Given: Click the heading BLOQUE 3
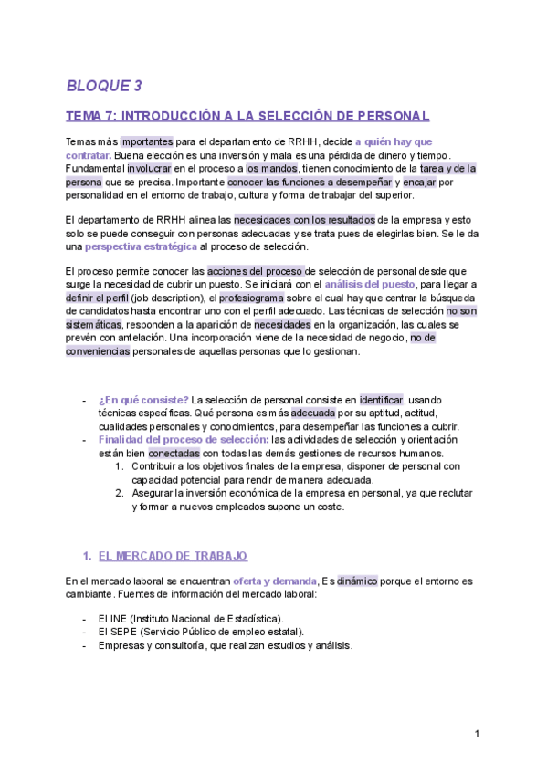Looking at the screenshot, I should (104, 87).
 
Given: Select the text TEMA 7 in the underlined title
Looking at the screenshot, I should (90, 117).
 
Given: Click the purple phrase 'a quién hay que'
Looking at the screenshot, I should (394, 141).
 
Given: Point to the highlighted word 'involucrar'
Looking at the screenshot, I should (153, 169).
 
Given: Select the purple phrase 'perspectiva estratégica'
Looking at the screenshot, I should (142, 247).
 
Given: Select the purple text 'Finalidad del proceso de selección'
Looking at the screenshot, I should (170, 440).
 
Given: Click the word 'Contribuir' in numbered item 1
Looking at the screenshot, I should (157, 466).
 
